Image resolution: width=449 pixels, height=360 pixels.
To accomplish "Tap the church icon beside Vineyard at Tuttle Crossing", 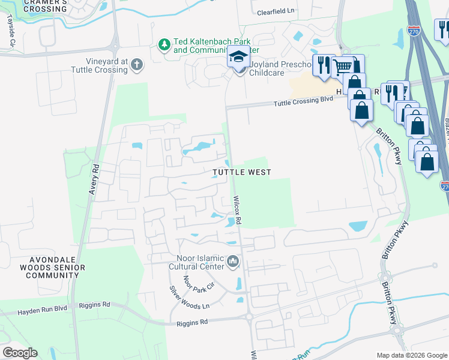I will (x=137, y=65).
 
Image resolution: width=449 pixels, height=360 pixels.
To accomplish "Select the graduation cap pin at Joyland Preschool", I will (x=238, y=58).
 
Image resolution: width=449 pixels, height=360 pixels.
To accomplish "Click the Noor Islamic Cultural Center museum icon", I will (x=233, y=262).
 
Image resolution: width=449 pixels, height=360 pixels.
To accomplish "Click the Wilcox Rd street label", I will (x=238, y=210).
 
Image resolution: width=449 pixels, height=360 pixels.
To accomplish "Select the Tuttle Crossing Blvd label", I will (x=303, y=101).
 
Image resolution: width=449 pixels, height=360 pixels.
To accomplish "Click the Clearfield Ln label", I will (x=277, y=12).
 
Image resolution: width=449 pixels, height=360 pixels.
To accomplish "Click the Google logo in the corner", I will (x=19, y=353).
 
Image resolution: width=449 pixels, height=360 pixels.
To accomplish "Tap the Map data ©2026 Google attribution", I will (x=411, y=355).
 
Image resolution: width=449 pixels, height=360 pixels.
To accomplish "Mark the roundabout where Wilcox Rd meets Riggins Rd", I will (x=249, y=316).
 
